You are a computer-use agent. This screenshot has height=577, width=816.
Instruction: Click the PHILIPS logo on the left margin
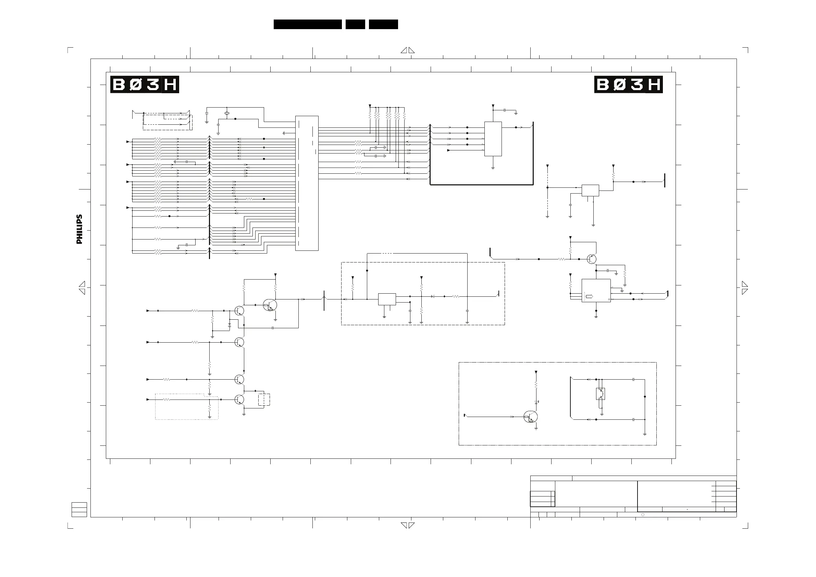(x=79, y=229)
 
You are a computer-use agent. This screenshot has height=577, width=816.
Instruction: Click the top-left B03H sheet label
(x=144, y=85)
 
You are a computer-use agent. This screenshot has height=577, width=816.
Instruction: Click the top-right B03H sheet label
(x=628, y=85)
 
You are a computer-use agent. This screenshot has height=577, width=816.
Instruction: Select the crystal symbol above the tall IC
(x=227, y=113)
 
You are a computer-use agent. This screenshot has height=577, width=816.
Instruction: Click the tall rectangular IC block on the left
(x=307, y=183)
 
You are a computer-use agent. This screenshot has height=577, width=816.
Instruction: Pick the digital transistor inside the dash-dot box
(x=531, y=417)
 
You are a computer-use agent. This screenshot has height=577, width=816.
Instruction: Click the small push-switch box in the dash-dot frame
(x=601, y=394)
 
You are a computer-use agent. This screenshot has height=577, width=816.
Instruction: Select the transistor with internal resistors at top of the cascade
(x=270, y=305)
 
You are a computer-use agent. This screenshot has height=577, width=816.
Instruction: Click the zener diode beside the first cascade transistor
(x=230, y=325)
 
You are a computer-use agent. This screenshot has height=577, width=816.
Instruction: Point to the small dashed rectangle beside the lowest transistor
(x=264, y=400)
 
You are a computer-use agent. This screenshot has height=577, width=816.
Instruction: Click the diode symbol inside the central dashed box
(x=433, y=296)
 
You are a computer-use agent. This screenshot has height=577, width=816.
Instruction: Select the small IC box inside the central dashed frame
(x=387, y=299)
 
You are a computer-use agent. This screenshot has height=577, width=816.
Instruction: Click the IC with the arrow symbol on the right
(x=596, y=291)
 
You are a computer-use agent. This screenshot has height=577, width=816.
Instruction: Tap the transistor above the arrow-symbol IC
(x=592, y=259)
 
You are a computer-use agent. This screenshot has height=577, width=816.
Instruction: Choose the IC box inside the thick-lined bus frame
(x=493, y=139)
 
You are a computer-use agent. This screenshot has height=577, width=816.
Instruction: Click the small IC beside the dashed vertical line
(x=590, y=191)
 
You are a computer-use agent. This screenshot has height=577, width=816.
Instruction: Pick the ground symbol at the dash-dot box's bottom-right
(x=645, y=434)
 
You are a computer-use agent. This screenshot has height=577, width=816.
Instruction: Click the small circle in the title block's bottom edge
(x=643, y=515)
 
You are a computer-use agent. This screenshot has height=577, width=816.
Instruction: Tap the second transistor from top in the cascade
(x=239, y=342)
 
